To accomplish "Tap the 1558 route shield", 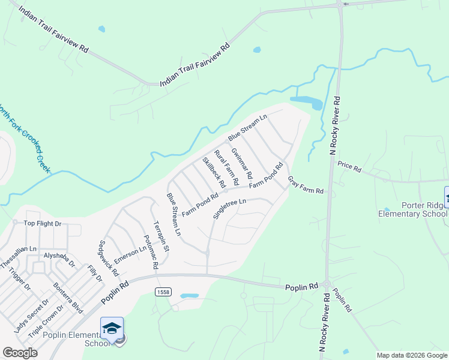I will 162,292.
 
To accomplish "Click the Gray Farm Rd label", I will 306,185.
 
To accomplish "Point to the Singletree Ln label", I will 230,209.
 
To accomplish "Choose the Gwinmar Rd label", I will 241,163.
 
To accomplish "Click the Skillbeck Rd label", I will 214,172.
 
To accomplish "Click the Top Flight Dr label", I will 43,224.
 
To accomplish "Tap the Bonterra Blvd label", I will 67,298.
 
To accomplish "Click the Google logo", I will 20,353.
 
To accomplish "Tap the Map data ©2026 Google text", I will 411,355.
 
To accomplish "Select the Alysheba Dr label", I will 59,259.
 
